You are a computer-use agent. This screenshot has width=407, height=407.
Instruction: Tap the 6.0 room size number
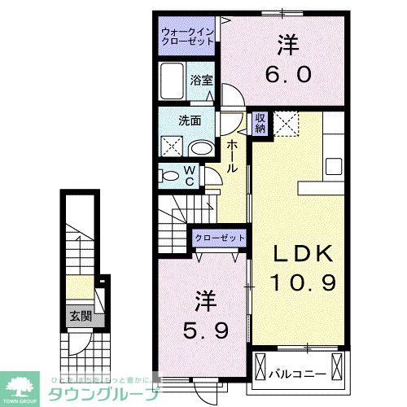coord(287,73)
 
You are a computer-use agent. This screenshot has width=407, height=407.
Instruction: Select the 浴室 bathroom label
coord(201,80)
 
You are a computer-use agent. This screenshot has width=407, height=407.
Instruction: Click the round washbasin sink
coord(201,149)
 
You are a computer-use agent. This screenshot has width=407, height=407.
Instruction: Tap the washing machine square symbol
coord(173,147)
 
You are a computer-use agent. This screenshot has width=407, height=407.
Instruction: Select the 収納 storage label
coord(260,124)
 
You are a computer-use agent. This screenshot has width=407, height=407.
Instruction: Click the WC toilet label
coord(189,175)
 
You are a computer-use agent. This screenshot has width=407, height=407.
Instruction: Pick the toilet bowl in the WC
coord(168,175)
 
